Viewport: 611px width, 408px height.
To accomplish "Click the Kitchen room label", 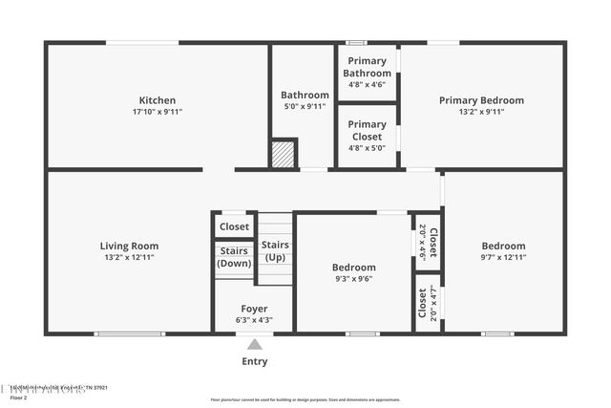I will click(158, 100).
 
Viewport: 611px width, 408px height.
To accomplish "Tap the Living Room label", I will click(129, 246).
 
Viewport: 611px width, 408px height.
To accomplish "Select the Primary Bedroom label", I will click(481, 100).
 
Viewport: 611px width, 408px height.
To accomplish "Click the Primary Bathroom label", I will click(367, 68).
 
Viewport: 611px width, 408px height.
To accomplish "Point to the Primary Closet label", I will click(367, 130).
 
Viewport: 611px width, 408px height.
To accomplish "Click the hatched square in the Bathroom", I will click(284, 155).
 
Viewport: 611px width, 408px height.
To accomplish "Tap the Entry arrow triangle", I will click(254, 345).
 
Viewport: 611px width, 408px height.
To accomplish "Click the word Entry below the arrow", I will click(254, 362).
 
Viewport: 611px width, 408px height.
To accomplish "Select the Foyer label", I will click(254, 309).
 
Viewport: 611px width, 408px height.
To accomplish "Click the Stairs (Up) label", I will click(275, 251).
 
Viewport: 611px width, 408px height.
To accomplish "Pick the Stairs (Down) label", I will click(234, 257).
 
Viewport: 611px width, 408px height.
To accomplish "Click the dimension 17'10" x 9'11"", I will click(158, 112).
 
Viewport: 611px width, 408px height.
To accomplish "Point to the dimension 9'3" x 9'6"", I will click(353, 279).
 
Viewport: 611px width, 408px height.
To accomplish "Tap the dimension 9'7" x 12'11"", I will click(503, 257).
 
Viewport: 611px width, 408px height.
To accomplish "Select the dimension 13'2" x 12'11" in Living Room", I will click(129, 257).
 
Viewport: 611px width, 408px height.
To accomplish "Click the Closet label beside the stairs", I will click(234, 226).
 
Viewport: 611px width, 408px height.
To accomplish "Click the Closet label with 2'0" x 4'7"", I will click(423, 303).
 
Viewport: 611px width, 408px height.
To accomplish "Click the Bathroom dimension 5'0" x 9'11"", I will click(305, 106).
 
